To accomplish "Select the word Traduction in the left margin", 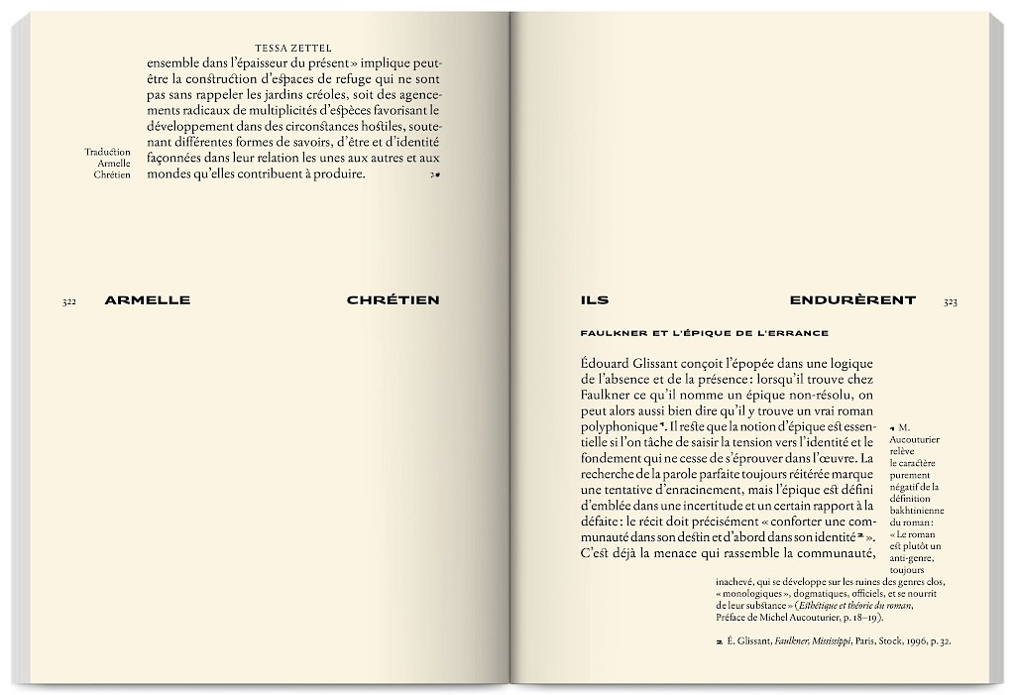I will tap(108, 151).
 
